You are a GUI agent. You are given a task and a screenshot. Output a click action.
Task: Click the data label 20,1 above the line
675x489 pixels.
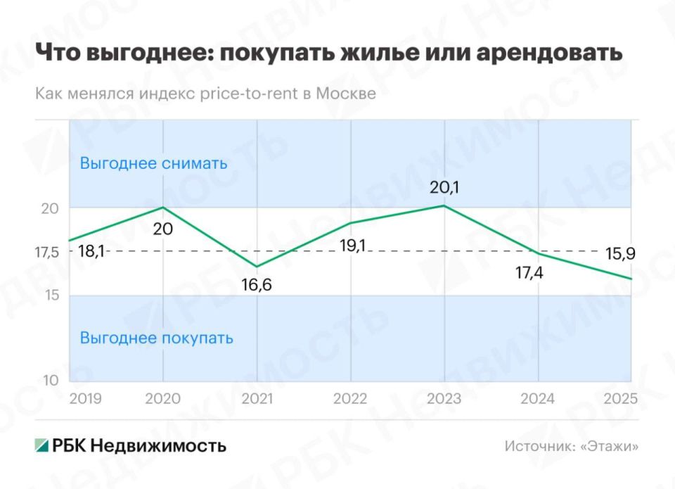coord(444,188)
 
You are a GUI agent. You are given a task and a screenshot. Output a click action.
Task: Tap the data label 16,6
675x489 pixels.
coord(257,285)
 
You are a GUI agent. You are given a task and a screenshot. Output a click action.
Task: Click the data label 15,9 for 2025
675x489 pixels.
coord(619,255)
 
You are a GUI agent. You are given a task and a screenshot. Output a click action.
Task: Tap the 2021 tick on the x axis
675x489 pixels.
coord(257,398)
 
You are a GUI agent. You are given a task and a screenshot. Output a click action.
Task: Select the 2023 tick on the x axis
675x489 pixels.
coord(444,398)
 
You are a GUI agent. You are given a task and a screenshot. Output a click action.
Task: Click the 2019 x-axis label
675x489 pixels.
coord(85,398)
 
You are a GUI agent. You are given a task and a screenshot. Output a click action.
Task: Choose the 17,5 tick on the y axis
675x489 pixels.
coord(47,252)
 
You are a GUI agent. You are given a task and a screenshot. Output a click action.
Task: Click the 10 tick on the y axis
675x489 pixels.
coord(51,381)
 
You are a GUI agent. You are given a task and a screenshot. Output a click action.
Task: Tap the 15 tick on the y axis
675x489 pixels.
coord(51,295)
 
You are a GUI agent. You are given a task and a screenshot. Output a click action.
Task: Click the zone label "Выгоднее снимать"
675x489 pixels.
coord(153,163)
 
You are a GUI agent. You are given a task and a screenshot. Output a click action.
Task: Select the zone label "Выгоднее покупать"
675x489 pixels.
coord(156,338)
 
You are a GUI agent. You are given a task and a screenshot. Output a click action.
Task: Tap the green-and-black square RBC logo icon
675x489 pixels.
coord(42,445)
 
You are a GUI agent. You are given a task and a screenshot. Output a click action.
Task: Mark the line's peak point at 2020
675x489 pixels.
coord(163,208)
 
